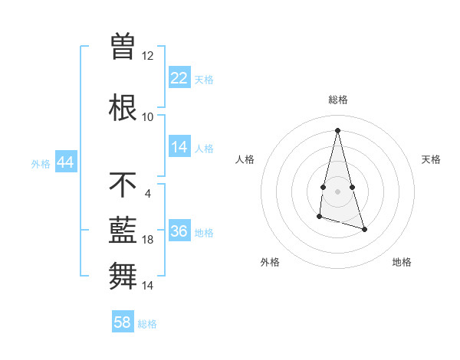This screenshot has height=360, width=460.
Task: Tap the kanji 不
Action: pos(123,184)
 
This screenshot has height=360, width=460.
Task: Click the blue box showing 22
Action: pos(179,78)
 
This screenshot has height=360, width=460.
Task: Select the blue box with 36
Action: pos(179,232)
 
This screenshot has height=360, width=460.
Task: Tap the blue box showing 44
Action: pos(65,162)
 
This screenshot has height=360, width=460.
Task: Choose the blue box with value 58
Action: pos(123,322)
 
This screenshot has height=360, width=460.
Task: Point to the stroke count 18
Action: pos(148,240)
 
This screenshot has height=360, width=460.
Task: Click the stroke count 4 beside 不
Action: pos(148,193)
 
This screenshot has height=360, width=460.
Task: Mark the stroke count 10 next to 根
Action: pos(148,116)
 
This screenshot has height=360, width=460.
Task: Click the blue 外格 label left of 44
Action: pos(41,163)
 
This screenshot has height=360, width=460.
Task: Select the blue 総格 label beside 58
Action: pos(147,323)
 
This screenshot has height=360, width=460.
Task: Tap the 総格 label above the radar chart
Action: pos(337,100)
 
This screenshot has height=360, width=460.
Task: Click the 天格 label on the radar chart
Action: pos(431,159)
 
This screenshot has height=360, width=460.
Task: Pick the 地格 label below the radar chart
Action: pos(402,262)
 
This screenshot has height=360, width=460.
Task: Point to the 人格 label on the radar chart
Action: pos(245,159)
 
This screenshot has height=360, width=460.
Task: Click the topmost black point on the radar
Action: pos(337,130)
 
